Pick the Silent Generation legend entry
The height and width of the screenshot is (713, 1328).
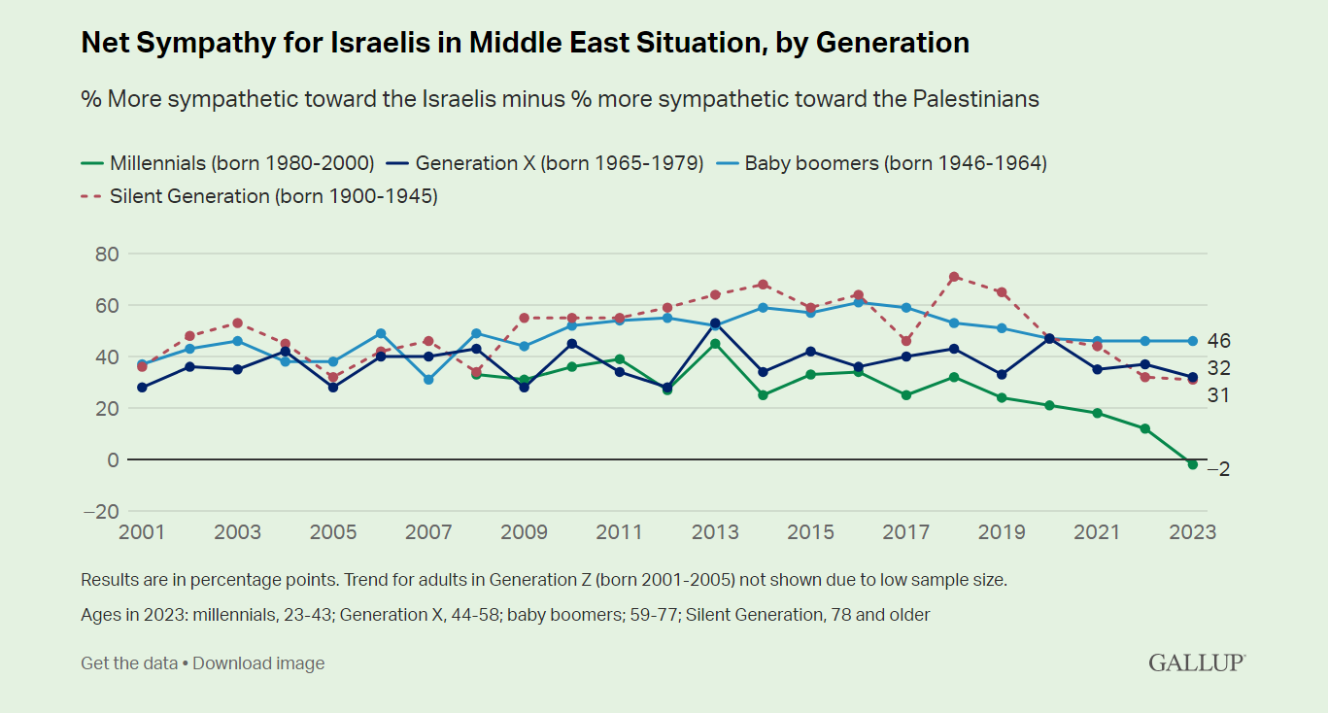tap(273, 196)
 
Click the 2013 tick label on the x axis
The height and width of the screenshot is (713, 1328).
tap(715, 532)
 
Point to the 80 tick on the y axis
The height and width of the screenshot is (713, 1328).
tap(106, 255)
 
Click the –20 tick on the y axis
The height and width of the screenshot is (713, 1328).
tap(100, 512)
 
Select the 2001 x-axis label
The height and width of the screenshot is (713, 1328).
tap(142, 532)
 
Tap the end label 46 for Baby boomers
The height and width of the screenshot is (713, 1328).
tap(1220, 341)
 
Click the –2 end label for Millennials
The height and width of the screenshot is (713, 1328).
tap(1218, 468)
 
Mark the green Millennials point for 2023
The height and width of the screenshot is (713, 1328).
tap(1193, 464)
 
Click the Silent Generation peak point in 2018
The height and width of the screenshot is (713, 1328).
tap(954, 277)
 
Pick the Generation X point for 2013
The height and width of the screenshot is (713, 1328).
tap(715, 323)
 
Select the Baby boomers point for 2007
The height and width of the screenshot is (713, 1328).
tap(428, 380)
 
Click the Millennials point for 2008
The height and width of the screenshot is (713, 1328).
tap(476, 374)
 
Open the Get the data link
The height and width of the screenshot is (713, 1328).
tap(128, 663)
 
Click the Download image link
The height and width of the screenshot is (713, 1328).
tap(258, 663)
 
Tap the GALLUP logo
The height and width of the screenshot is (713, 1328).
tap(1197, 662)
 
